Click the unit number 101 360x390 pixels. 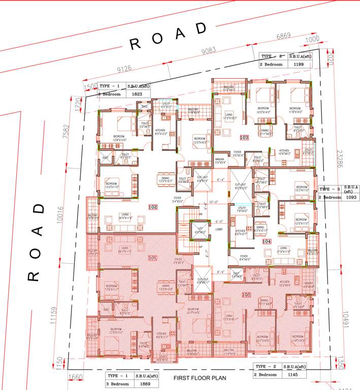153,257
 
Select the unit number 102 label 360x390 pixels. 153,207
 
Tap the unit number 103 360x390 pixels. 244,137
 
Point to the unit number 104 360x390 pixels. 267,242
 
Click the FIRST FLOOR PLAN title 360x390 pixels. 199,378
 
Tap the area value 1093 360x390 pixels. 350,197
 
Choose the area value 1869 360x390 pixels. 145,383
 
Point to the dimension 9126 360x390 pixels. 124,68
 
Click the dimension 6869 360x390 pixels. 283,37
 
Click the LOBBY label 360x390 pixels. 219,230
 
